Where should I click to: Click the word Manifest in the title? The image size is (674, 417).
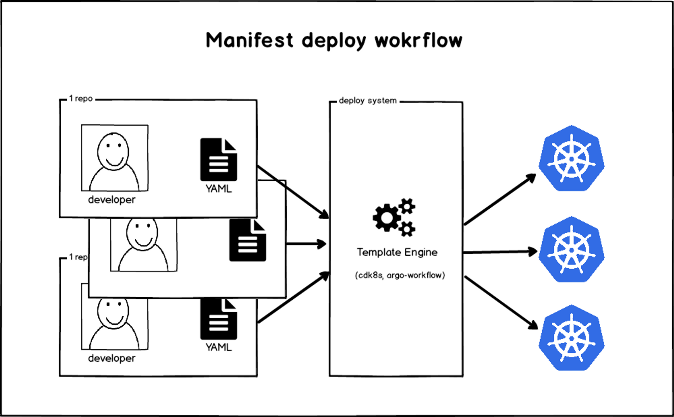(249, 40)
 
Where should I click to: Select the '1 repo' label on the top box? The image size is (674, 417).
(81, 99)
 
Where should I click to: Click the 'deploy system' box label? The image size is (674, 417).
(368, 101)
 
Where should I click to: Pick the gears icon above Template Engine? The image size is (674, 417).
(394, 217)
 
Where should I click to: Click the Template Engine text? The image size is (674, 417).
(397, 252)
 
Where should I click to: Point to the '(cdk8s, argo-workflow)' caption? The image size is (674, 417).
(400, 275)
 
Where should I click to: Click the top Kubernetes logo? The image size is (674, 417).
(571, 158)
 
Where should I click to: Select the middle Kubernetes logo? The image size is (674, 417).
(571, 250)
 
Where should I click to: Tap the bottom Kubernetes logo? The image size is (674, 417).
(571, 338)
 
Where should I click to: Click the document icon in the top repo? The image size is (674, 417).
(218, 159)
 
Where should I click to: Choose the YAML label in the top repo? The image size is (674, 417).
(218, 189)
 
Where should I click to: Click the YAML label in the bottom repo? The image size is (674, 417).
(218, 347)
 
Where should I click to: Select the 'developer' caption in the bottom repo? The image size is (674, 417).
(112, 358)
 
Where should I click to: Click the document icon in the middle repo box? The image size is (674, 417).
(247, 240)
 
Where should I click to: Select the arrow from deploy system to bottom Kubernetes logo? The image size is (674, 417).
(501, 302)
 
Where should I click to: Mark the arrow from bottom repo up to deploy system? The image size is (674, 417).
(293, 297)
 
